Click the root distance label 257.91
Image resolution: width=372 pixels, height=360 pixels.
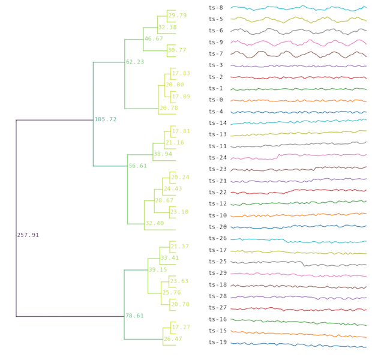pos(28,235)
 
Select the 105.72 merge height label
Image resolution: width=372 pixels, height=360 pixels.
pos(106,119)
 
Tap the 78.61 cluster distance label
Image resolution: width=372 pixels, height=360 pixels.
pos(135,316)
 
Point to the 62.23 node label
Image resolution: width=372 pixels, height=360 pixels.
pos(135,62)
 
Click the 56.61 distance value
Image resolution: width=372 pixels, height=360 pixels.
pos(138,166)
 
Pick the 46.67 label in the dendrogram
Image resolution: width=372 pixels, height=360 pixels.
pos(154,39)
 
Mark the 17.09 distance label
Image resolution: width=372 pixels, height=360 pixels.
pos(181,97)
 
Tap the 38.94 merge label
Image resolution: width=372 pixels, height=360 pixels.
pos(163,154)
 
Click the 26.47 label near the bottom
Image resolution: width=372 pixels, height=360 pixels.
pos(173,339)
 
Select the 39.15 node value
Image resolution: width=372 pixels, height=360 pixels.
pos(158,270)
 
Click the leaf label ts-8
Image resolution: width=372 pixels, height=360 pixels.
pos(216,8)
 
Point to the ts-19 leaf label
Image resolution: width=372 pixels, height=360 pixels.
pos(218,342)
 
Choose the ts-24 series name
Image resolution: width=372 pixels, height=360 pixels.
pos(218,158)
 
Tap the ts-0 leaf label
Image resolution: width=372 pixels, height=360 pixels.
pos(216,100)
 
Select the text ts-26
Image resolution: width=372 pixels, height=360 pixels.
pos(218,238)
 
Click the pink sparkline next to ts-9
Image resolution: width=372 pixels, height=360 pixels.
pos(298,43)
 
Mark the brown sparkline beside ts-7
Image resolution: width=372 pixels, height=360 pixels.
pos(298,54)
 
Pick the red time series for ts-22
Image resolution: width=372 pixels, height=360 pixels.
pos(298,192)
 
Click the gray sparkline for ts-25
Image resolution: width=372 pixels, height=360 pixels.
pos(298,262)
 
